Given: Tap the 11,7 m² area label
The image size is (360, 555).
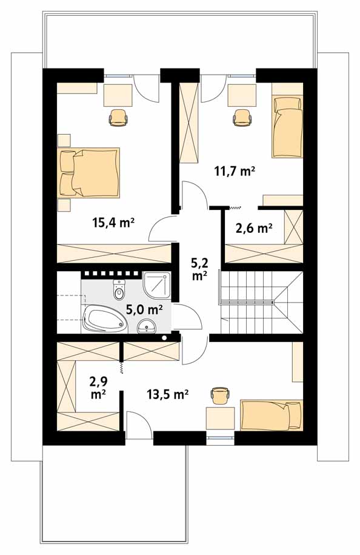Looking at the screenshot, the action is (x=235, y=171).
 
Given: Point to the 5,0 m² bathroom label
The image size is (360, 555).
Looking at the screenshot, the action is (x=144, y=310).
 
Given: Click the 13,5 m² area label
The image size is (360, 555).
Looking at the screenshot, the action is (x=167, y=394).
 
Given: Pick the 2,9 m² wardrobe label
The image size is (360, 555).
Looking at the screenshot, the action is (x=99, y=388).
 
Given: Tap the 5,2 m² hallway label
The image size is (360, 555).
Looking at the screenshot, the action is (x=199, y=269).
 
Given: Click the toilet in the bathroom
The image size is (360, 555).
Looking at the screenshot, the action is (x=119, y=289).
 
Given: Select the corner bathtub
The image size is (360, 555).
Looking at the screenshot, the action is (x=104, y=320).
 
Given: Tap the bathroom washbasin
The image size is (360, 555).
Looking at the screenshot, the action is (x=147, y=326).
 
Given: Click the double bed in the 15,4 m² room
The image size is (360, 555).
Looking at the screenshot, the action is (x=89, y=172).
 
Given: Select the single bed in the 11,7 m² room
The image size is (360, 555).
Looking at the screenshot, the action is (x=287, y=127).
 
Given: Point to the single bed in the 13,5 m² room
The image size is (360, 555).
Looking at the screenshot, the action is (x=272, y=415).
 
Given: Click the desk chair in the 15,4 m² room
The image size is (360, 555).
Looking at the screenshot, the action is (x=118, y=117).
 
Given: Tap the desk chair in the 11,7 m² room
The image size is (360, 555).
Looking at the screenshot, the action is (x=242, y=117).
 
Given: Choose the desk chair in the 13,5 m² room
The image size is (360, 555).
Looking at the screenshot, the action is (x=220, y=395).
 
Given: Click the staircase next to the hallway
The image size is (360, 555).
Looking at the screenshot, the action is (x=262, y=301).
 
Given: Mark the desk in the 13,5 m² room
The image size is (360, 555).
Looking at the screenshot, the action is (x=221, y=419).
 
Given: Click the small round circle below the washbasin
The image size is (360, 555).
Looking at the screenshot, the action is (x=164, y=338).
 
